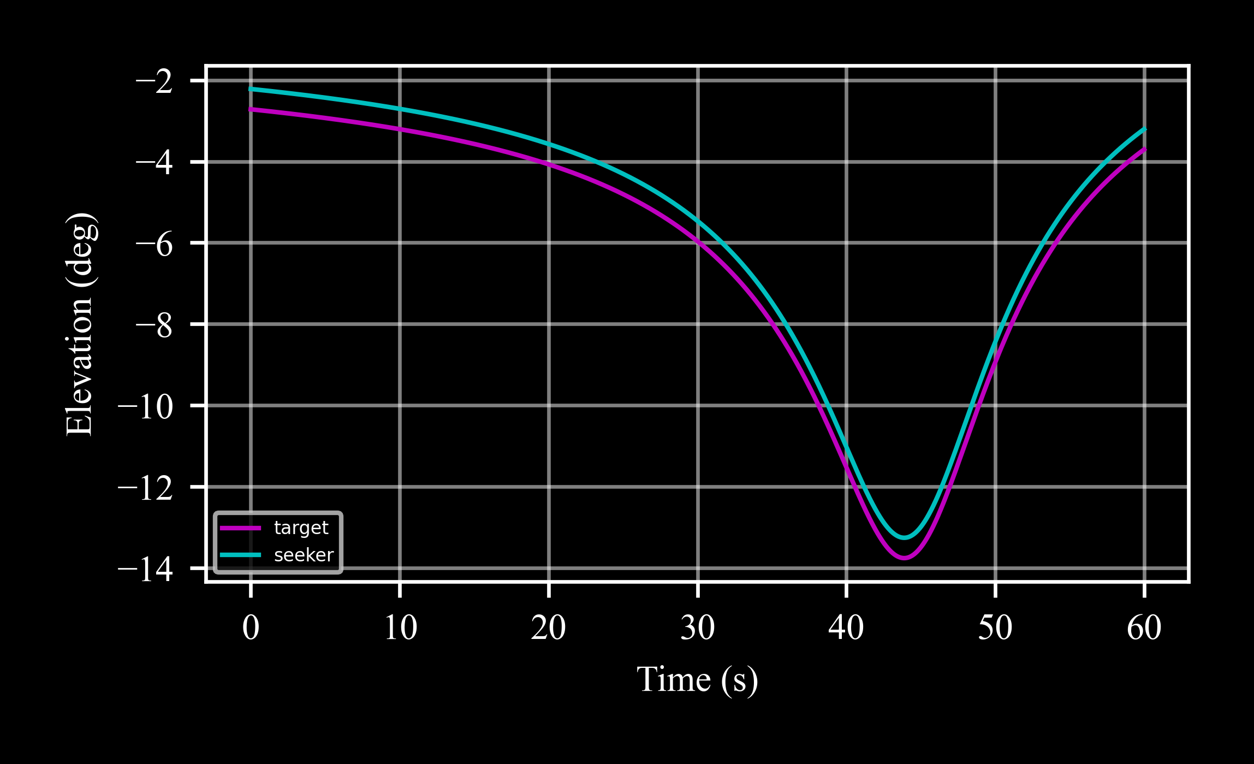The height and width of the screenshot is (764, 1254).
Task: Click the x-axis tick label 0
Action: pyautogui.click(x=251, y=628)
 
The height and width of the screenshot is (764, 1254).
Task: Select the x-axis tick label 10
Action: pyautogui.click(x=400, y=628)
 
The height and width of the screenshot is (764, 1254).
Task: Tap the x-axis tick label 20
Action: pyautogui.click(x=549, y=628)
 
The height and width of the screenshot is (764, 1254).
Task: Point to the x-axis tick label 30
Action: pyautogui.click(x=698, y=628)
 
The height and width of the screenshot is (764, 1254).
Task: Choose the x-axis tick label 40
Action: pyautogui.click(x=846, y=628)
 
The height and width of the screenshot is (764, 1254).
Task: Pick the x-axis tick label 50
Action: pyautogui.click(x=995, y=628)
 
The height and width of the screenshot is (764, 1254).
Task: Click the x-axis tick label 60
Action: pyautogui.click(x=1144, y=628)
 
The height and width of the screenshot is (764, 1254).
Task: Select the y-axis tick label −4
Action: pyautogui.click(x=154, y=162)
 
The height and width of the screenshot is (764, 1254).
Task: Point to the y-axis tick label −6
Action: pyautogui.click(x=154, y=244)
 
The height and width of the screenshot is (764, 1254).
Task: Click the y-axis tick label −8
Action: pyautogui.click(x=154, y=325)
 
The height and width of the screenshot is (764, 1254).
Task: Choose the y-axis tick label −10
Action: pyautogui.click(x=146, y=406)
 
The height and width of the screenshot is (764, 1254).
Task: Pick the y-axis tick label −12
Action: pyautogui.click(x=146, y=487)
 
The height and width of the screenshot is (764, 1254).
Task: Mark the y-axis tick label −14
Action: pyautogui.click(x=146, y=569)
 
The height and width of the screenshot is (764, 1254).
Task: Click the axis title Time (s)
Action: pyautogui.click(x=697, y=680)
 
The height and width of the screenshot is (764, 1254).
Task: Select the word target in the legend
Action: pyautogui.click(x=301, y=528)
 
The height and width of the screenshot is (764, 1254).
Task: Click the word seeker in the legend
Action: pyautogui.click(x=304, y=555)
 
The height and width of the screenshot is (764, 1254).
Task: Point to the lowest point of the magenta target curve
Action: pyautogui.click(x=904, y=558)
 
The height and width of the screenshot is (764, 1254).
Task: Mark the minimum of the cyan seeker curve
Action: pyautogui.click(x=904, y=538)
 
